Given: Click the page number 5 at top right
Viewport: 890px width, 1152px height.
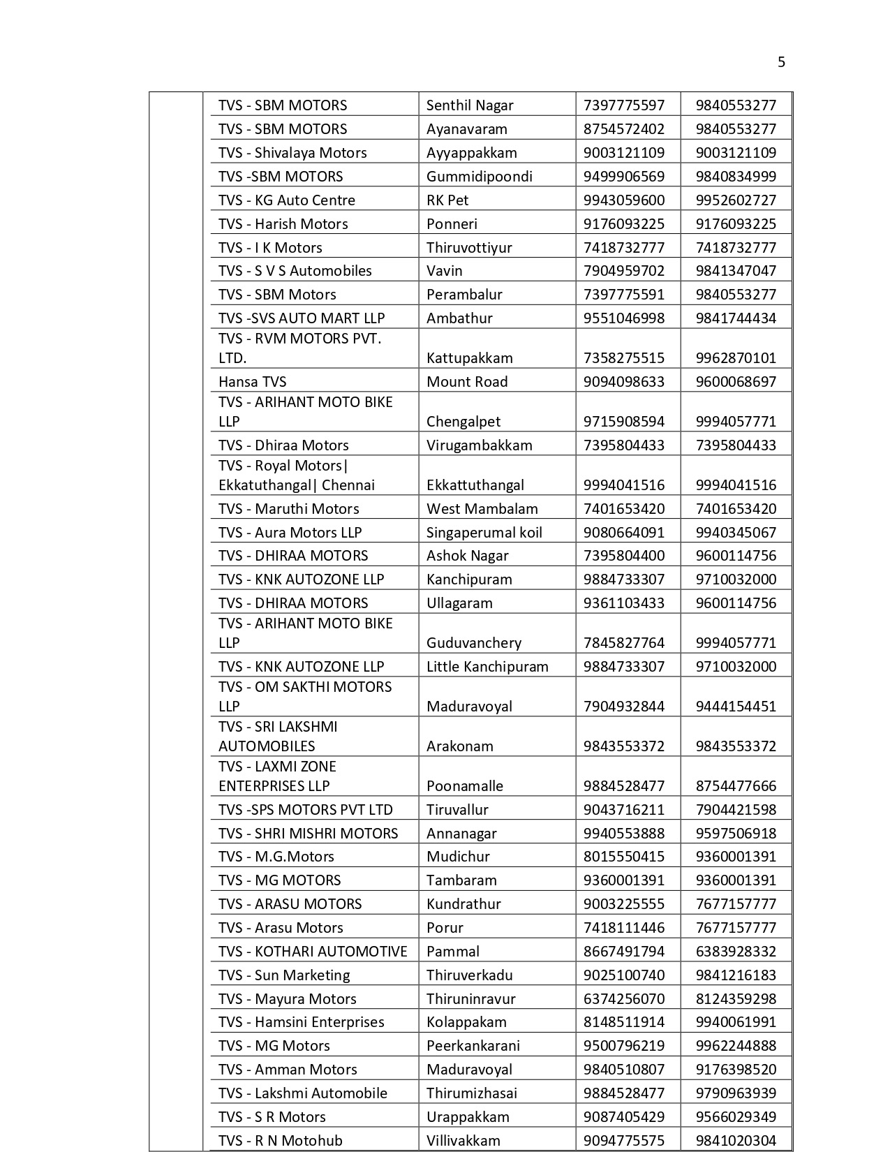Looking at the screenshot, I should [x=781, y=62].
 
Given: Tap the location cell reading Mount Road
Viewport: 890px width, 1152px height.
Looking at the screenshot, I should [x=467, y=381].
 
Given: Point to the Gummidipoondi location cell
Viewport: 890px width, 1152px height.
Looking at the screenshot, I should [x=479, y=176].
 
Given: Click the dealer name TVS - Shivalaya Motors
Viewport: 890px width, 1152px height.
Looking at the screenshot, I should [x=292, y=152].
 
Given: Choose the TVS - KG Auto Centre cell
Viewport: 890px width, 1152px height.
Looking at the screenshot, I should [x=287, y=200].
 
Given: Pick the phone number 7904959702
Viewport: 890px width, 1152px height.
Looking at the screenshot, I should [x=624, y=270].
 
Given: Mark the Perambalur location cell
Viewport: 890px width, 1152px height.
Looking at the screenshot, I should [x=464, y=294].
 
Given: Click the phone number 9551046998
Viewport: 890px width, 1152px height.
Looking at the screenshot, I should [x=624, y=318].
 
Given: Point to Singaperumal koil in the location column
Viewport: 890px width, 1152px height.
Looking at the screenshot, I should [x=484, y=532].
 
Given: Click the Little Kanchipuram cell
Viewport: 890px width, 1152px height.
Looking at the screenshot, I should [x=487, y=666].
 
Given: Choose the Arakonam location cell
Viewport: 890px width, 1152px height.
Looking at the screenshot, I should [x=459, y=746].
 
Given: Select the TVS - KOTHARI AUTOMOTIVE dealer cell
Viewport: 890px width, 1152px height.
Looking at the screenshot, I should [x=313, y=951].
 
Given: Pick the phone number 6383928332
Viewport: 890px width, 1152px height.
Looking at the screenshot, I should [x=736, y=951].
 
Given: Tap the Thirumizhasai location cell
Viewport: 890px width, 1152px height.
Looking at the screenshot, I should [x=476, y=1093].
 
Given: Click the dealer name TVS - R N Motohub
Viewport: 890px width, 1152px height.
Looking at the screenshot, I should [x=281, y=1140].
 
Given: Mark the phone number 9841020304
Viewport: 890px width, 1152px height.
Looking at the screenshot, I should [x=736, y=1140].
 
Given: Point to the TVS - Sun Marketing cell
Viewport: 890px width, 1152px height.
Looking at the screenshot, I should [x=284, y=975].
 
